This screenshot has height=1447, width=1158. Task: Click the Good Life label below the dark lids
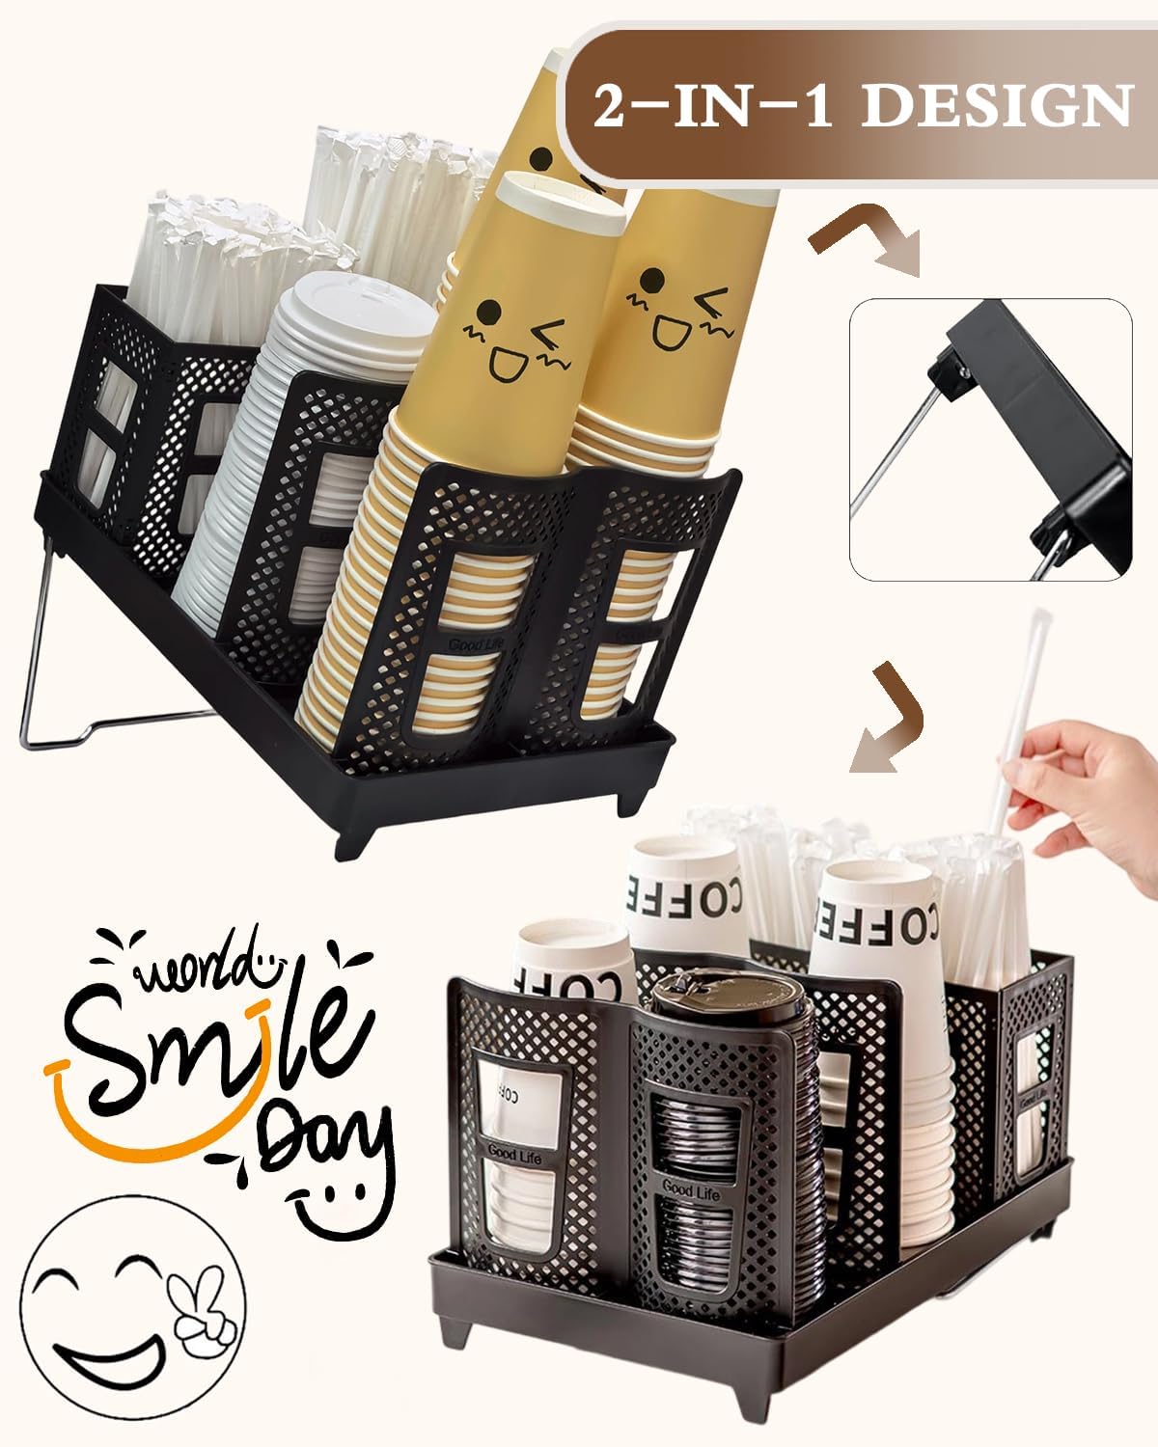click(x=691, y=1194)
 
